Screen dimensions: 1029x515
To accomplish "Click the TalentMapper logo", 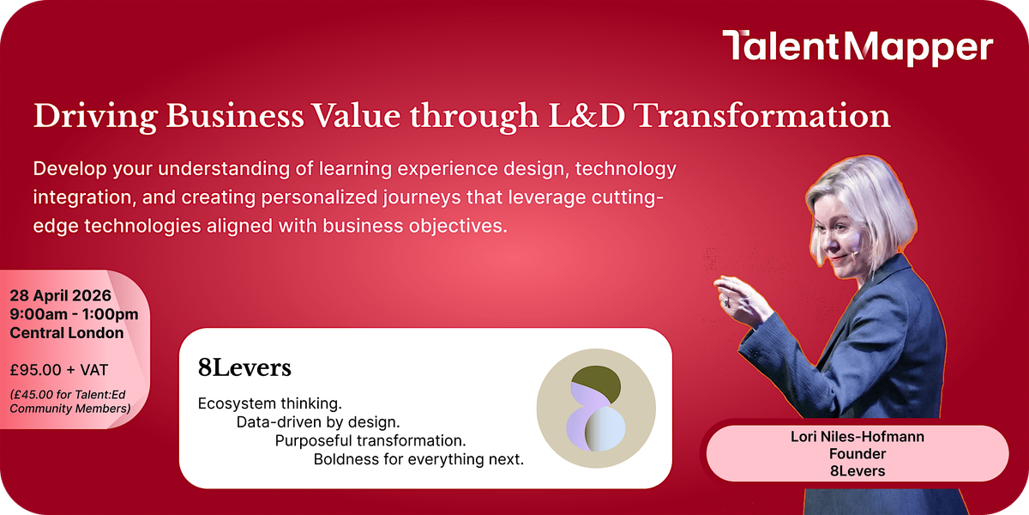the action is (x=857, y=48).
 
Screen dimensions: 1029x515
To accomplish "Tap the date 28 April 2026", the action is (x=61, y=295).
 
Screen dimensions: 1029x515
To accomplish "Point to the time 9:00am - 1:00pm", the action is (x=74, y=314).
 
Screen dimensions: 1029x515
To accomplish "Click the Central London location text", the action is (x=67, y=333).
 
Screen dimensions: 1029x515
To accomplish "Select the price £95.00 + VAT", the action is (x=59, y=370).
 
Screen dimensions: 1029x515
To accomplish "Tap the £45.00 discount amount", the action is (x=31, y=395).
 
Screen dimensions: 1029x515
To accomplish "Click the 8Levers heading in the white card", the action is (x=244, y=368).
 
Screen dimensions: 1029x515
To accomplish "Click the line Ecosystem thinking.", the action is (x=269, y=403).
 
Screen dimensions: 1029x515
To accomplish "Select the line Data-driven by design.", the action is (x=318, y=422).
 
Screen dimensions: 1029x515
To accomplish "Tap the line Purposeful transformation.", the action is (x=370, y=440).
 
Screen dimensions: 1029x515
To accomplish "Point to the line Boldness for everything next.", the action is (x=418, y=459).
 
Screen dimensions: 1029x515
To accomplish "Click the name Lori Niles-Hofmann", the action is (x=857, y=436).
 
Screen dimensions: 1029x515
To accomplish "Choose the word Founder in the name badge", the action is (x=857, y=454).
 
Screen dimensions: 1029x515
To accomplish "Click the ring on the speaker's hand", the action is (x=726, y=302).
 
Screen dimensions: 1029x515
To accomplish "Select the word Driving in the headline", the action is (x=95, y=117).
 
